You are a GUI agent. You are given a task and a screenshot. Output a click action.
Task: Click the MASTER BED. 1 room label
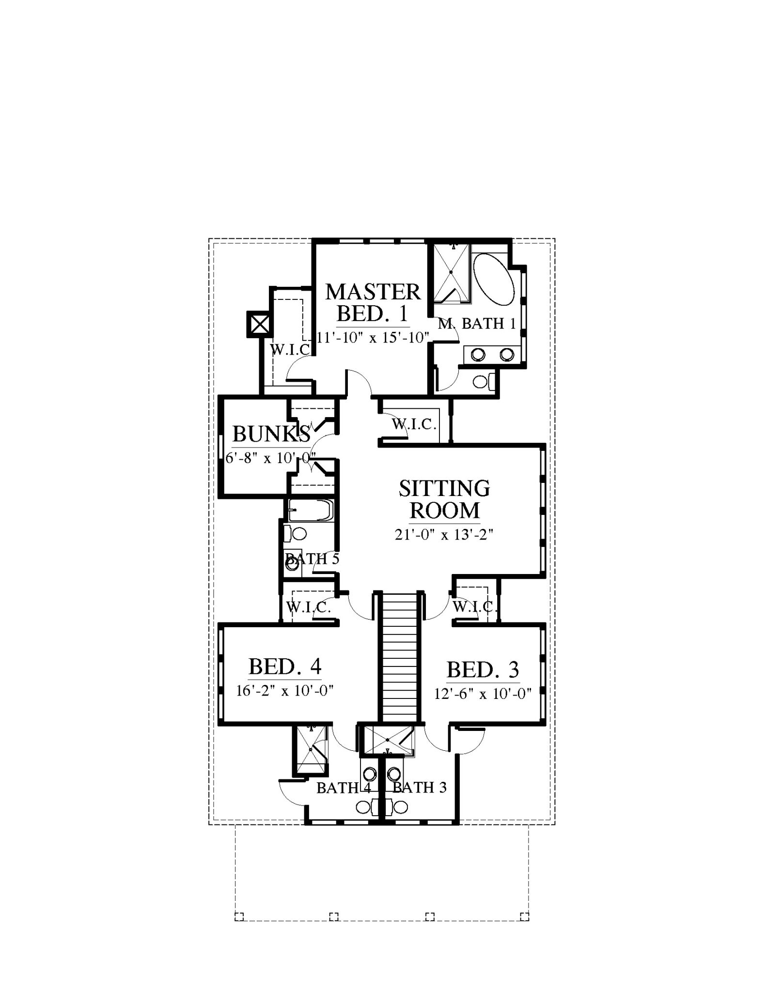click(x=373, y=303)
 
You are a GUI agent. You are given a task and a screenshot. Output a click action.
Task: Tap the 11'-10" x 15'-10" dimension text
click(x=374, y=337)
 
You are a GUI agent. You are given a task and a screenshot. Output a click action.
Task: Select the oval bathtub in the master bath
click(x=494, y=279)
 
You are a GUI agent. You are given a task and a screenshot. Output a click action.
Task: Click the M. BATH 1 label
click(x=477, y=324)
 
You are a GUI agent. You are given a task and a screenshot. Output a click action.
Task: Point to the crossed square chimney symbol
click(x=259, y=324)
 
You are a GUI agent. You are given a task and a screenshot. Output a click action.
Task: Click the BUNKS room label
click(x=271, y=434)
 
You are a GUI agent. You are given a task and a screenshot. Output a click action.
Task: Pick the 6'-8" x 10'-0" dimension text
click(x=271, y=457)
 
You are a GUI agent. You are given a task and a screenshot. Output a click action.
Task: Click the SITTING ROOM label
click(x=444, y=499)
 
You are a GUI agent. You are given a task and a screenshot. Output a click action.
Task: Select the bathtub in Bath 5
click(x=311, y=511)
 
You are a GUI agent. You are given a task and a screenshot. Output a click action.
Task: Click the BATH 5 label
click(x=313, y=558)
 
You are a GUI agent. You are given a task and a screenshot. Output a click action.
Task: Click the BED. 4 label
click(x=285, y=666)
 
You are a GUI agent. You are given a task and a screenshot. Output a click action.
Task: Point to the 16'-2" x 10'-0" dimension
click(x=285, y=690)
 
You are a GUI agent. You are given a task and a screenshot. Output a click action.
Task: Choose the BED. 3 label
click(x=483, y=670)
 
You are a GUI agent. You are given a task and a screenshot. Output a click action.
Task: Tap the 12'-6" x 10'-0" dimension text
click(x=483, y=694)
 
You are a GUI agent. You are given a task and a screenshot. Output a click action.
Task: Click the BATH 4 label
click(x=344, y=788)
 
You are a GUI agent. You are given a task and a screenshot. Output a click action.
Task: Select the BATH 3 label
click(x=420, y=788)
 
